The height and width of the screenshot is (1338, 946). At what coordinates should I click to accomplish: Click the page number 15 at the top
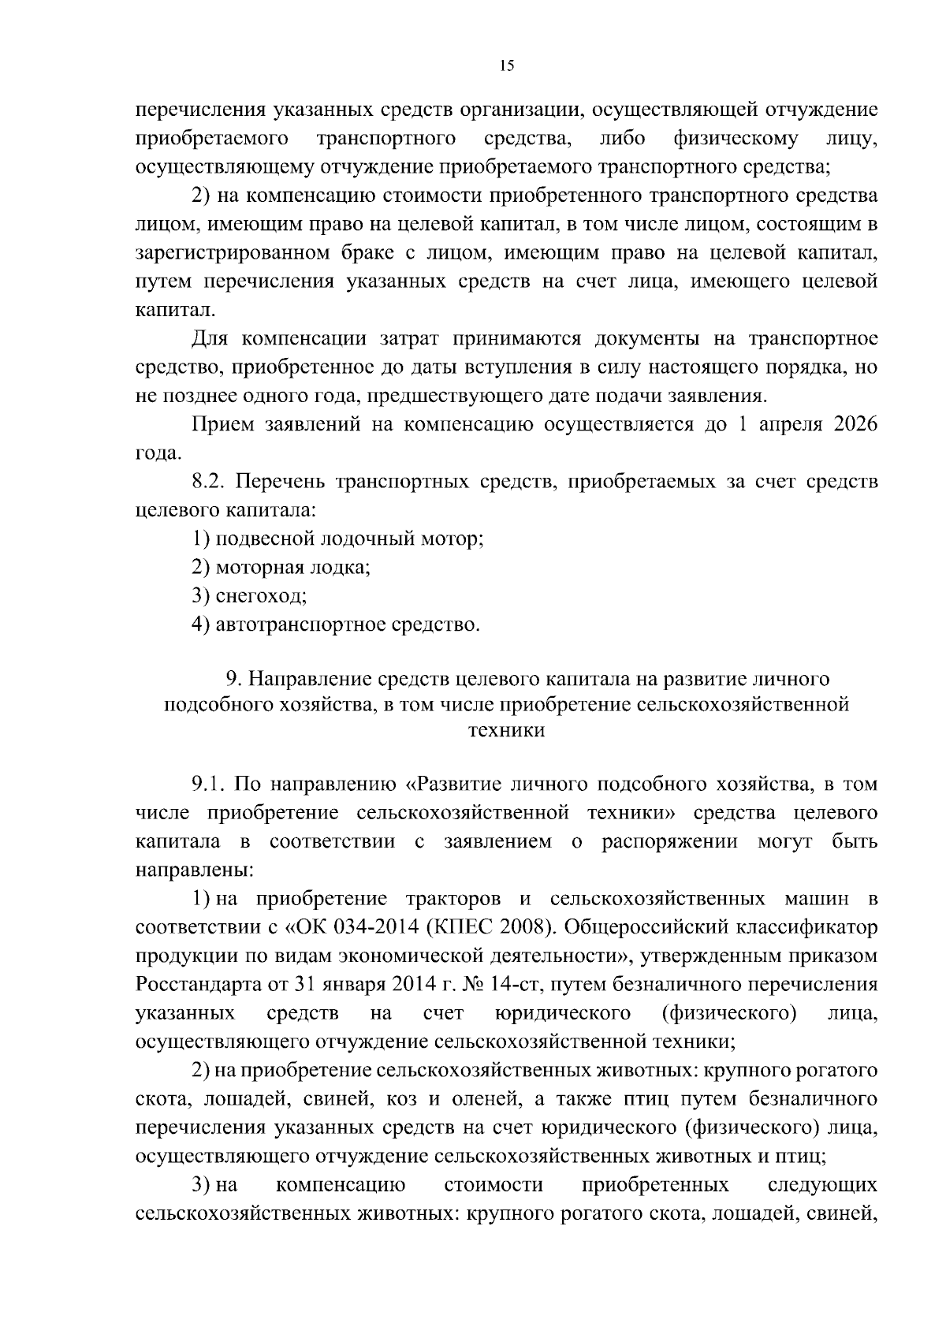pyautogui.click(x=506, y=66)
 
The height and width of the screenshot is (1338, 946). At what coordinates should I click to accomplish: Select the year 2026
pyautogui.click(x=851, y=425)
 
